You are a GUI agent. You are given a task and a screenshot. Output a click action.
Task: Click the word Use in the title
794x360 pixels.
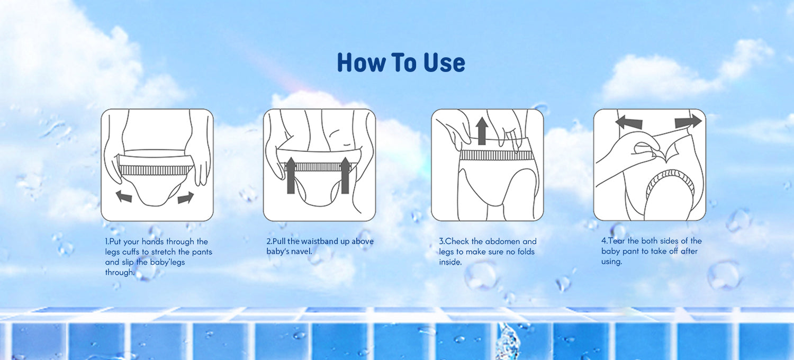(x=444, y=62)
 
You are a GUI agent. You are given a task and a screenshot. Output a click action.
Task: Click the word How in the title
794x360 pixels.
(x=361, y=62)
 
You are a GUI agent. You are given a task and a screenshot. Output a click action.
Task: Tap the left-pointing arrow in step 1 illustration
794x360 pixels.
(x=124, y=196)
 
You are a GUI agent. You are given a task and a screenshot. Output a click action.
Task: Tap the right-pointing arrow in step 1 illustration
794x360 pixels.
(x=186, y=197)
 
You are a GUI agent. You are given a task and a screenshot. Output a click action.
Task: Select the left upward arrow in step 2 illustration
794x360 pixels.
(x=291, y=176)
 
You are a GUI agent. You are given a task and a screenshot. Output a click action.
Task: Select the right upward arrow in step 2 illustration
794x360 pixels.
(x=345, y=176)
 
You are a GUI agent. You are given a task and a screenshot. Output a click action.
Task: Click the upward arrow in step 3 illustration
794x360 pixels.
(x=481, y=131)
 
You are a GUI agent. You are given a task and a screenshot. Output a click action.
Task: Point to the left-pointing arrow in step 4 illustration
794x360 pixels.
(x=628, y=122)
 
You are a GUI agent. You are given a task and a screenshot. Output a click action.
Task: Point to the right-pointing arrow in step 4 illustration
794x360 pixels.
(x=688, y=121)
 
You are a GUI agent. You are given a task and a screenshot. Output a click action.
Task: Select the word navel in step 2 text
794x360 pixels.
(x=301, y=251)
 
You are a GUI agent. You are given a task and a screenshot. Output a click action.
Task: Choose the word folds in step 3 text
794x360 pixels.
(x=525, y=251)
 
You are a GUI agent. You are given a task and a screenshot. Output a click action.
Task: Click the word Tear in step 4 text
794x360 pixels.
(x=617, y=241)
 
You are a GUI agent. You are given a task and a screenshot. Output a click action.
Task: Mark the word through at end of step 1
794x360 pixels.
(x=120, y=273)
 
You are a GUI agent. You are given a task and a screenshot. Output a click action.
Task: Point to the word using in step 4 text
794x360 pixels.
(x=611, y=262)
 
